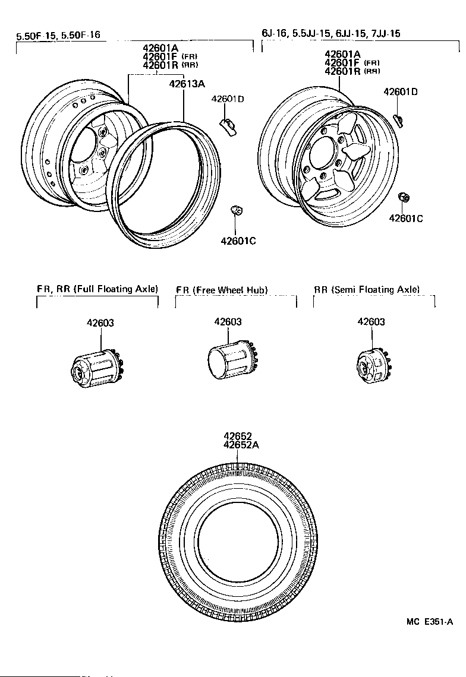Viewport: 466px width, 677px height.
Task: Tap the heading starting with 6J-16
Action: click(330, 34)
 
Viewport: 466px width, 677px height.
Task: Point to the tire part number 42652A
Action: click(241, 445)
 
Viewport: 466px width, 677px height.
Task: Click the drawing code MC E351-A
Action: click(430, 622)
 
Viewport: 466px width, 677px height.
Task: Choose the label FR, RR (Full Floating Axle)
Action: click(97, 289)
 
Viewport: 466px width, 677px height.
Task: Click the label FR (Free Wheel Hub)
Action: click(222, 290)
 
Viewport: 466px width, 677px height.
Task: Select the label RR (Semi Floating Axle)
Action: click(367, 290)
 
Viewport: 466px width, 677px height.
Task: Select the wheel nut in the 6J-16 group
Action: click(402, 197)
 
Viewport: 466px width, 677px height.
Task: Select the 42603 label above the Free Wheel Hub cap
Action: click(228, 322)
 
